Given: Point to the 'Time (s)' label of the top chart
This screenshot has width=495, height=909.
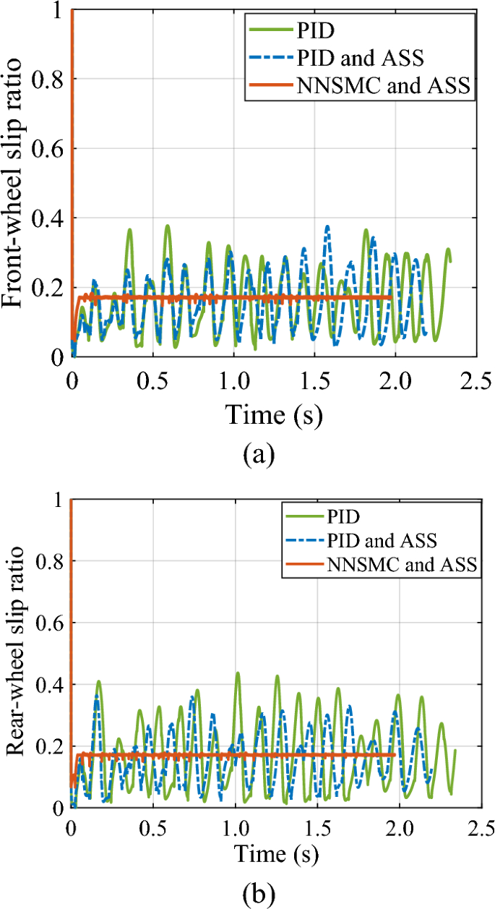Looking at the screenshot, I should coord(274,414).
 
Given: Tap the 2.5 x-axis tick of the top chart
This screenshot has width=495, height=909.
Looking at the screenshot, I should coord(474,380).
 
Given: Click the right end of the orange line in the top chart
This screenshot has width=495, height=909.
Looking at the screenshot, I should coord(391,297).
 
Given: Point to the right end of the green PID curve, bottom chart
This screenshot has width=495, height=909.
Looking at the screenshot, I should coord(455,751).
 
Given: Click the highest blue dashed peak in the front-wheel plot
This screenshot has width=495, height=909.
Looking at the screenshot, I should coord(327,226).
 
